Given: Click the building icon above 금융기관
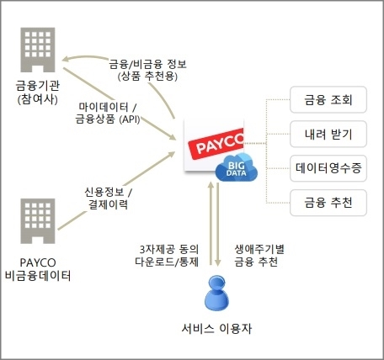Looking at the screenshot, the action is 38,50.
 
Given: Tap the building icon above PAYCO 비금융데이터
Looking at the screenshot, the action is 38,221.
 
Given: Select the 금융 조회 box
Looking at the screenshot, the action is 328,100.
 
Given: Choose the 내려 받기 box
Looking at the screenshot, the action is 328,134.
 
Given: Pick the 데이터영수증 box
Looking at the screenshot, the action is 328,168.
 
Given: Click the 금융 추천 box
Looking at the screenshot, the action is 328,203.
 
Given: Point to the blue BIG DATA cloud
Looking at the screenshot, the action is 236,167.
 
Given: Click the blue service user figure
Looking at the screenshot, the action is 216,293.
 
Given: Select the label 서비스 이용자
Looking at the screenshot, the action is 216,328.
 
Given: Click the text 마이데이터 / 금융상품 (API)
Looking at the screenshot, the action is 108,114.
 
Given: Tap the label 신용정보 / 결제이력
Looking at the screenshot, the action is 109,199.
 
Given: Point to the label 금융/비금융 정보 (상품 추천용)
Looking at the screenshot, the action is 147,70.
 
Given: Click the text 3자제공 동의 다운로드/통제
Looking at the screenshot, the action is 167,256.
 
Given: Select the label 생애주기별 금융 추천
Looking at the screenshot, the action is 259,256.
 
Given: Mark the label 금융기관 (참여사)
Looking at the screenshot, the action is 38,93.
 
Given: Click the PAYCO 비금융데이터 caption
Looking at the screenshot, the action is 38,269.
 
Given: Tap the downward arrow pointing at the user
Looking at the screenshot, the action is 218,225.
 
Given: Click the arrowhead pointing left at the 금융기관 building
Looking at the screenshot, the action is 66,59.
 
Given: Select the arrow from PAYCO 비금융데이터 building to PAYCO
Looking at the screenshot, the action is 116,191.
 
